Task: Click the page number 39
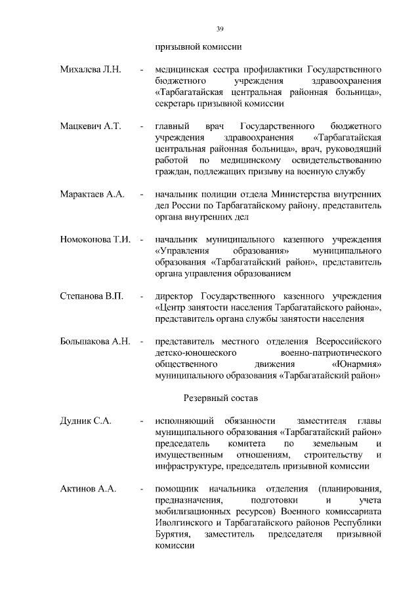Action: (220, 28)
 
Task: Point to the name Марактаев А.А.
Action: (92, 195)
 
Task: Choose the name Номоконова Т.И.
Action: (95, 240)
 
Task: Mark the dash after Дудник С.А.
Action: (142, 421)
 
